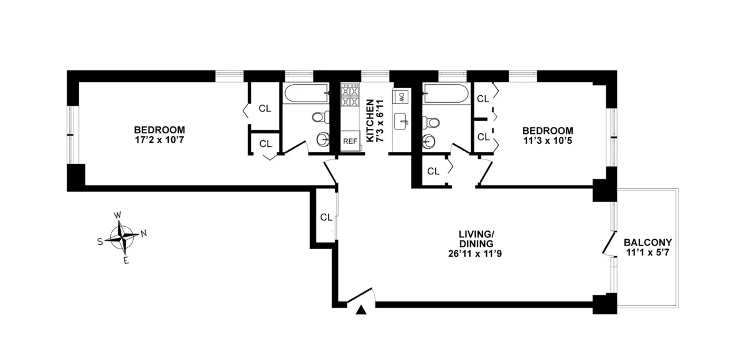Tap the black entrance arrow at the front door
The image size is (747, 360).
click(x=360, y=310)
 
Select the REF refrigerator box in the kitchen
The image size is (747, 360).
click(x=350, y=141)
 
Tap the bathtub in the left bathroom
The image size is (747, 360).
click(x=306, y=95)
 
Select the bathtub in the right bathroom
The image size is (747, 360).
click(x=444, y=95)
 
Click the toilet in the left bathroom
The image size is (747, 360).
click(x=319, y=116)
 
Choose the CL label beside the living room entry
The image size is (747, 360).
click(x=326, y=217)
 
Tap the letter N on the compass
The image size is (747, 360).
click(x=144, y=234)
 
